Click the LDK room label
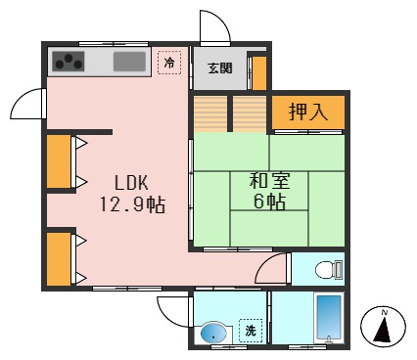point(132,183)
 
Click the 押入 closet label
point(307,112)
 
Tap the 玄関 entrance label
point(219,68)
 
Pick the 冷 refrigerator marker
point(169,64)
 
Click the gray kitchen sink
point(129,63)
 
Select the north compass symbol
point(385,327)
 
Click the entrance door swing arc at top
point(214,27)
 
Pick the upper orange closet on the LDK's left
point(58,161)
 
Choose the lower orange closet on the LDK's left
point(58,256)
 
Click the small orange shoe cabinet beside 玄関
point(258,71)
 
